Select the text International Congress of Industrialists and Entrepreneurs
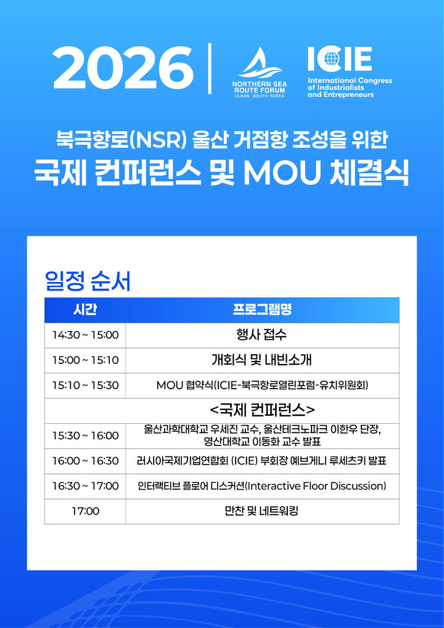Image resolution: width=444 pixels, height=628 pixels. [349, 88]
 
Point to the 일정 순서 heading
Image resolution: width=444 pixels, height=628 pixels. [88, 281]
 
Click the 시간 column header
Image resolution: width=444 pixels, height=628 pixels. [85, 310]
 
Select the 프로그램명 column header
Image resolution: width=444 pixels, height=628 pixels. [262, 310]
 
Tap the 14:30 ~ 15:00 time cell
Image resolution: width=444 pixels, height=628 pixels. [85, 335]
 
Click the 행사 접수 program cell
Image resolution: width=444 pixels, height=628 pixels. [261, 335]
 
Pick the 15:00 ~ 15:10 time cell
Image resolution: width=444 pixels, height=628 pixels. [85, 360]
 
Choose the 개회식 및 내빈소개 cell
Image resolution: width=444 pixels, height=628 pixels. [261, 360]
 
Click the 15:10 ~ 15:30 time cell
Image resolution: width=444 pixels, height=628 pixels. [85, 386]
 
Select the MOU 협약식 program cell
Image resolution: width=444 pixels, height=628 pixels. [261, 386]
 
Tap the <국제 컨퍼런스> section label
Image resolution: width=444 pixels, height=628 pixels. [262, 409]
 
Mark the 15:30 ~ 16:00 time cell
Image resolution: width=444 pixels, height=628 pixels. [85, 436]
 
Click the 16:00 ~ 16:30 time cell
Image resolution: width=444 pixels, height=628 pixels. [85, 461]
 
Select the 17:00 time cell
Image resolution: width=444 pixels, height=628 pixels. [85, 511]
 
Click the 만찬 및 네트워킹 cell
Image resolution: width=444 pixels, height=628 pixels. [261, 511]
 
